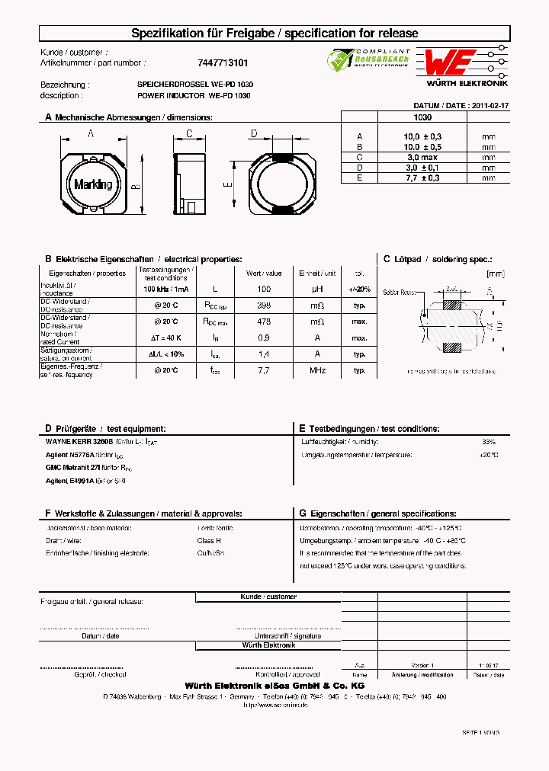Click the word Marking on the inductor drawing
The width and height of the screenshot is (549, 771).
[x=93, y=184]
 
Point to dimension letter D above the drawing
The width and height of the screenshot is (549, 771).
[x=253, y=134]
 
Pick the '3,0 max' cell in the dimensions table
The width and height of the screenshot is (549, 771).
[x=422, y=157]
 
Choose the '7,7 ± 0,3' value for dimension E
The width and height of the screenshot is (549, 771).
[x=422, y=178]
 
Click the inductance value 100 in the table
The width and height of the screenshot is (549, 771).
[x=264, y=290]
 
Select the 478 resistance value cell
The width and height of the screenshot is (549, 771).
[x=264, y=322]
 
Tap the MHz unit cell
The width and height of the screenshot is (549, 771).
[x=317, y=370]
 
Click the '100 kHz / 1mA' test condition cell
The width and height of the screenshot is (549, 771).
[x=166, y=290]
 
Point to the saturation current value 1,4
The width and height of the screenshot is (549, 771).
[x=264, y=354]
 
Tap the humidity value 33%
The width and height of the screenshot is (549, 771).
[x=489, y=442]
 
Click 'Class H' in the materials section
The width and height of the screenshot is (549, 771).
[x=209, y=540]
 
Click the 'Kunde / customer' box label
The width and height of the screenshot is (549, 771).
[x=268, y=597]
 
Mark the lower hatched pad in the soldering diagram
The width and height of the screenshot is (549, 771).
[x=451, y=348]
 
